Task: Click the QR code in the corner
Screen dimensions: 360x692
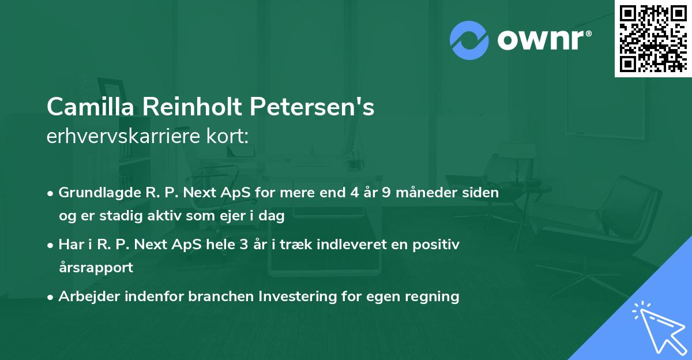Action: (x=652, y=38)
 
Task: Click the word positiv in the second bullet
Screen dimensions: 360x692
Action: (x=437, y=245)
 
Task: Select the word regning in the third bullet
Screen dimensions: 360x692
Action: (x=434, y=297)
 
